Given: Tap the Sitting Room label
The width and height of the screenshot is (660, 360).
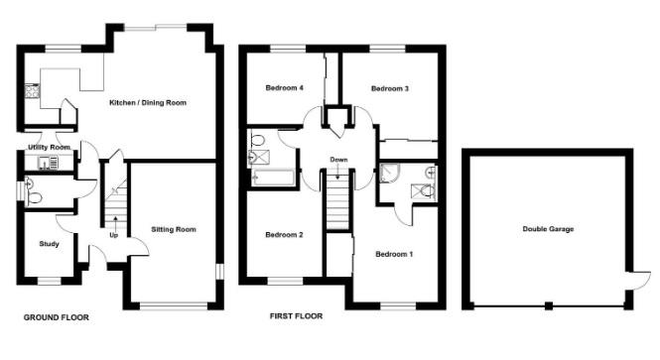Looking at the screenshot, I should (x=174, y=229).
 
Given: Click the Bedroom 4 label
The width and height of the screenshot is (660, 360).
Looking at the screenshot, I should (x=284, y=88).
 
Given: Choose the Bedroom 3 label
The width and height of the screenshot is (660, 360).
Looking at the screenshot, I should (x=390, y=88).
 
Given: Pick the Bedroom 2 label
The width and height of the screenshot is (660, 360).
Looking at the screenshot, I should (x=284, y=235).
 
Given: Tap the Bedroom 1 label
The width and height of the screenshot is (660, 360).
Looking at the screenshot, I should (x=394, y=255).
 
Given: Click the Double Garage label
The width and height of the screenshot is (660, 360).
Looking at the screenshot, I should (x=548, y=229).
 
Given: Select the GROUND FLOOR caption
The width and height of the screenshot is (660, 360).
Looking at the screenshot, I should (x=57, y=318).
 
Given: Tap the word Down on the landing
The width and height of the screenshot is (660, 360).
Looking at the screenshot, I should (x=338, y=160).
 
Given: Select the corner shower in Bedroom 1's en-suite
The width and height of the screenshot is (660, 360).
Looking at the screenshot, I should (x=389, y=177).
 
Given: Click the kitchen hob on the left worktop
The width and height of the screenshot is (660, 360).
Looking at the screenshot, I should (x=32, y=95).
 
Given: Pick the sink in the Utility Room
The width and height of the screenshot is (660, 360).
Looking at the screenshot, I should (x=46, y=162).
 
